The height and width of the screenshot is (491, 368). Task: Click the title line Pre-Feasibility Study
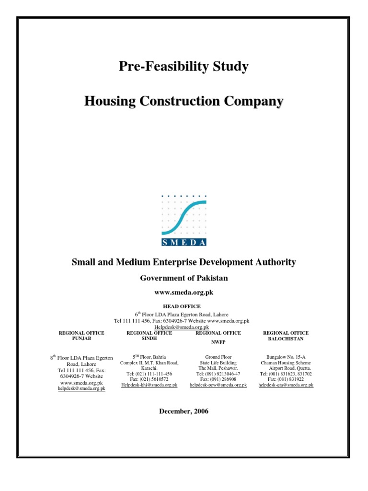pyautogui.click(x=184, y=67)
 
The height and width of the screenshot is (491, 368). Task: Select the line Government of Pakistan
pyautogui.click(x=184, y=278)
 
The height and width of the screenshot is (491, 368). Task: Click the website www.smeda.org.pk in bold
pyautogui.click(x=184, y=292)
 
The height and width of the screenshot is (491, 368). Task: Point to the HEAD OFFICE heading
pyautogui.click(x=184, y=306)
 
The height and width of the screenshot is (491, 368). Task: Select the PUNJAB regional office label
pyautogui.click(x=81, y=339)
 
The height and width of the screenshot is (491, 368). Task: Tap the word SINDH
pyautogui.click(x=149, y=339)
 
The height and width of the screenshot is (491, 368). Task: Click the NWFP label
pyautogui.click(x=218, y=343)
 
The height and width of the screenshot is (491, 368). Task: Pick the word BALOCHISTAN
pyautogui.click(x=286, y=339)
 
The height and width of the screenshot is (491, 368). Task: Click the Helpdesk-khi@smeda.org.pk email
pyautogui.click(x=149, y=385)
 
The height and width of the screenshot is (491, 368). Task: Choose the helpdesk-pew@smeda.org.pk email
pyautogui.click(x=218, y=385)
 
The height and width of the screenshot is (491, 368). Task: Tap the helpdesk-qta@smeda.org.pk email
pyautogui.click(x=286, y=385)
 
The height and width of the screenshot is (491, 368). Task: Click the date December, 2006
pyautogui.click(x=184, y=411)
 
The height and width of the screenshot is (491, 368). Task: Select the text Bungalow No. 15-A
pyautogui.click(x=286, y=357)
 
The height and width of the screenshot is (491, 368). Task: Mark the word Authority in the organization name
pyautogui.click(x=276, y=263)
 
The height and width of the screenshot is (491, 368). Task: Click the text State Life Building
pyautogui.click(x=218, y=363)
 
